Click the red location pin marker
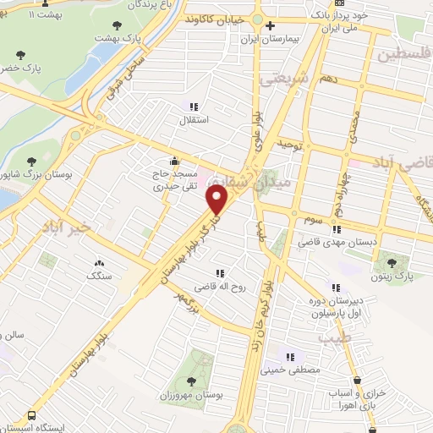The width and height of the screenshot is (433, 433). tap(217, 200)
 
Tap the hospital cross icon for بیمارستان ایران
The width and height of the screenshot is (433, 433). tap(270, 25)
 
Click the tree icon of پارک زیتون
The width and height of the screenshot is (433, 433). tap(390, 261)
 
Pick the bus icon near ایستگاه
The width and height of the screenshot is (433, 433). tap(30, 417)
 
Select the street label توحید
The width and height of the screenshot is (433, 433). tap(289, 145)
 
